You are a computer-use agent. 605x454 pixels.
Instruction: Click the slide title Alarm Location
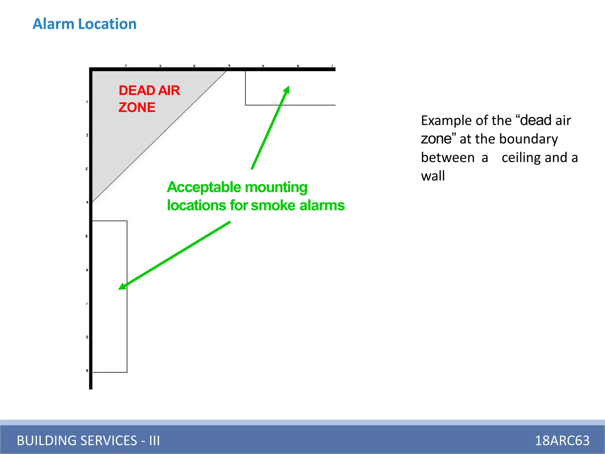(x=84, y=24)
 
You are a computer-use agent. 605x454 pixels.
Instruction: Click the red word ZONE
(x=137, y=107)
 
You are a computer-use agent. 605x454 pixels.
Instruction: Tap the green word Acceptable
(x=204, y=187)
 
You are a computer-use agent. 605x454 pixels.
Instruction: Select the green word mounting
(x=276, y=187)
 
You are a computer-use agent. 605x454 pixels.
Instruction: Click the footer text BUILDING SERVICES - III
(x=88, y=440)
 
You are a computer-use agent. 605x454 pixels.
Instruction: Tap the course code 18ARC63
(x=562, y=440)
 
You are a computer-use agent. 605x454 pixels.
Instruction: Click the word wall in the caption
(x=433, y=176)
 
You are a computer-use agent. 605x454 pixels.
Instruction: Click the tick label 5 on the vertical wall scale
(x=87, y=236)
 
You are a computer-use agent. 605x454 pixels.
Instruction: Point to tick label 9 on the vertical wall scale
(x=87, y=371)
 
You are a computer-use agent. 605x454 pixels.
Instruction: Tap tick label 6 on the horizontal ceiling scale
(x=298, y=66)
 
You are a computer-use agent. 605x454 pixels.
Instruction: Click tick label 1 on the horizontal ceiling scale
(x=126, y=66)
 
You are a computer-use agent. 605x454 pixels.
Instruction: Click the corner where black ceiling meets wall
(x=91, y=69)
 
